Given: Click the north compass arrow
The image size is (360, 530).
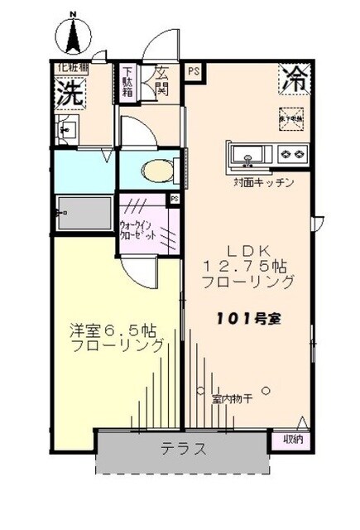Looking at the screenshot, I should pos(73,33).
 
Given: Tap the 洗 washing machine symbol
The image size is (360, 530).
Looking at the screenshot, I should pos(69,92).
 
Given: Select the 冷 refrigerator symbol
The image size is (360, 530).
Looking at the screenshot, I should pos(293,79).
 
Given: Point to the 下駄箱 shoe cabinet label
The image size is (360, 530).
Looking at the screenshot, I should pos(129,81).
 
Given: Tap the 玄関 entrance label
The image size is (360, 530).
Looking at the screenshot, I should pos(161,81).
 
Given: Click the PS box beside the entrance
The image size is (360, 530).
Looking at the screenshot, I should pos(192,70).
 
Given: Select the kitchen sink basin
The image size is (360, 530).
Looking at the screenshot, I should pos(248,154).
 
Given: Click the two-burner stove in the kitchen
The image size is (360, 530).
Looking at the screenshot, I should pos(292,154).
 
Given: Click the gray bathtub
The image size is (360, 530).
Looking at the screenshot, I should pos(84,213).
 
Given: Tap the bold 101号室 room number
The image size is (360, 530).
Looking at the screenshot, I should pos(248,318).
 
